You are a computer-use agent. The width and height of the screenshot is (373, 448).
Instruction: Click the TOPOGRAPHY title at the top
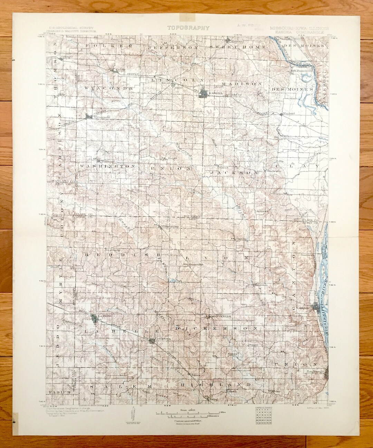coord(188,28)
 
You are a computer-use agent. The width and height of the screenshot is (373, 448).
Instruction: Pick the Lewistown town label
coord(163,339)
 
